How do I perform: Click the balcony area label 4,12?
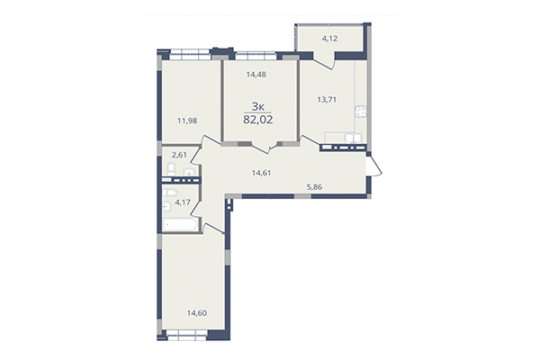coord(329,38)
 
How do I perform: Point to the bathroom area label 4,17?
coord(183,202)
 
